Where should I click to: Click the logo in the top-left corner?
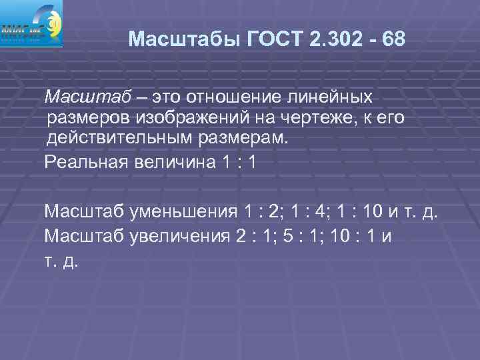coord(31,23)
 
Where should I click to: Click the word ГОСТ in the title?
coord(275,39)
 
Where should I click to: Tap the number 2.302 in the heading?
coord(336,39)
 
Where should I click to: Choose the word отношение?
coord(227,97)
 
